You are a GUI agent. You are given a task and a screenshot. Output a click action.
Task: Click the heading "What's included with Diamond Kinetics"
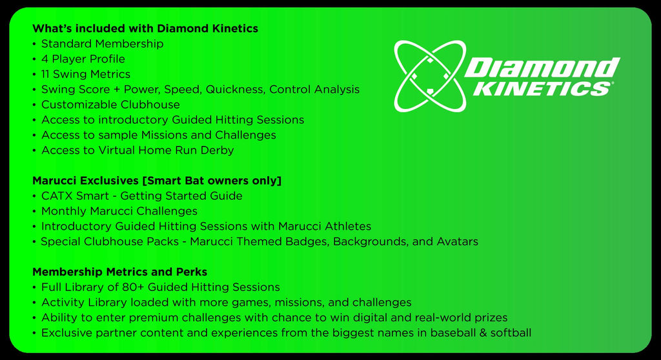145,28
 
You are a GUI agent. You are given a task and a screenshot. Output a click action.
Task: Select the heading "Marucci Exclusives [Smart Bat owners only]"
157,181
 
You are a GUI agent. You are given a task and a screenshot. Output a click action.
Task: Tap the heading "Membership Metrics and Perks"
119,272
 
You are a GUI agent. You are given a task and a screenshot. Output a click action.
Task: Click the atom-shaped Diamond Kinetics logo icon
430,76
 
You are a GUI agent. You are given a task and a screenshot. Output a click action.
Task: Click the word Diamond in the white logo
542,68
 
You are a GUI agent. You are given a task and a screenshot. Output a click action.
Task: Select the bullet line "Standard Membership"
102,44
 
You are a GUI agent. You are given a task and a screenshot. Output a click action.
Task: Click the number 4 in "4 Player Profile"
45,59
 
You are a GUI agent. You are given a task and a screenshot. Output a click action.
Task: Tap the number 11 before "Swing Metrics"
45,74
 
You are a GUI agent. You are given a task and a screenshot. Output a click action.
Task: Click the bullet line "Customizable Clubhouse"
110,105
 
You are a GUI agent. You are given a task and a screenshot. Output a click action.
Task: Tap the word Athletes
348,226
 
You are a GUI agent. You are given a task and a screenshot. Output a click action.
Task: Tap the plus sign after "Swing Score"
114,90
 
